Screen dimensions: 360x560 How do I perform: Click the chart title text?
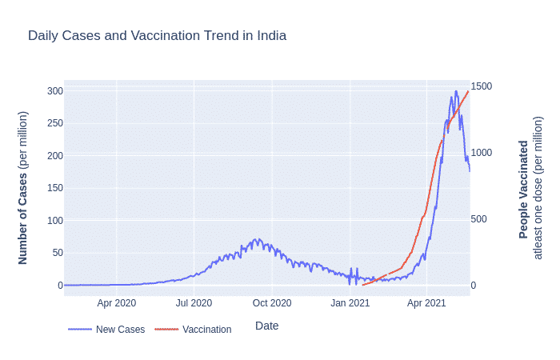click(157, 36)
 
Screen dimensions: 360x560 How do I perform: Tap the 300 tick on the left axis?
click(54, 90)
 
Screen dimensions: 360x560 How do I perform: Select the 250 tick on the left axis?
click(54, 123)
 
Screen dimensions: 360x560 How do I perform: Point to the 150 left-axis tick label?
click(54, 188)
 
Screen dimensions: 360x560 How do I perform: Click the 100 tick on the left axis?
click(54, 220)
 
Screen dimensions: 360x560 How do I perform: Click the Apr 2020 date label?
click(117, 303)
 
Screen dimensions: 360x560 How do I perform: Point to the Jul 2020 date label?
click(194, 303)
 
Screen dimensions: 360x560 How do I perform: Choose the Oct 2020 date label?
click(272, 303)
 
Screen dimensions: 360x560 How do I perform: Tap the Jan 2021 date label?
click(350, 303)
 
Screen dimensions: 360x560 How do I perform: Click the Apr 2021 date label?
click(426, 303)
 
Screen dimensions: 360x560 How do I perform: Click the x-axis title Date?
click(266, 326)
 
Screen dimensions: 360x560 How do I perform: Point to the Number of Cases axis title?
click(23, 188)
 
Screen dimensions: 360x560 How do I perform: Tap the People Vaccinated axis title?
click(524, 189)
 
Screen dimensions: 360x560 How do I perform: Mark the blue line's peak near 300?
click(456, 91)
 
